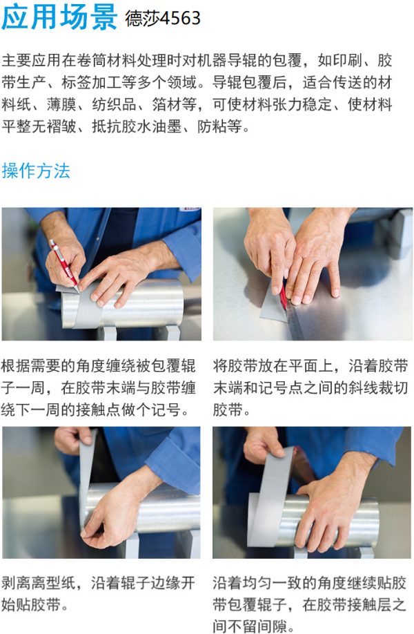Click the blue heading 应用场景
[59, 17]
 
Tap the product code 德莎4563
[163, 18]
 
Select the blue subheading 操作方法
[36, 171]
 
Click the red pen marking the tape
[63, 265]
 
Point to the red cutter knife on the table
[283, 298]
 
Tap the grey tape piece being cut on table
[273, 305]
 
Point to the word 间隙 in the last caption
[273, 626]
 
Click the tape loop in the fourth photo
[268, 497]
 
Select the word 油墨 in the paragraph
[166, 126]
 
